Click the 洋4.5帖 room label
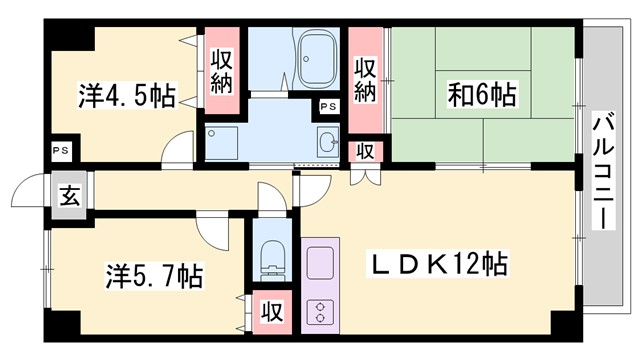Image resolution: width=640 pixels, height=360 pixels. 126,96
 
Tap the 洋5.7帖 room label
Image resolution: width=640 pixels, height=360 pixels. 155,275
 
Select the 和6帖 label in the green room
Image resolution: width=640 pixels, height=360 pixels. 482,96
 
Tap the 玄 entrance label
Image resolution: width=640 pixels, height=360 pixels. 69,196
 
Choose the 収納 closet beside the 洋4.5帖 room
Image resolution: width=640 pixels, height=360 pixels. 222,70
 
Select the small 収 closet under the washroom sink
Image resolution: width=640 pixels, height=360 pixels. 366,151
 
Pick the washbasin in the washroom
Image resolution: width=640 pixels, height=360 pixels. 328,141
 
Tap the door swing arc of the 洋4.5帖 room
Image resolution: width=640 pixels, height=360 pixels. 180,150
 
